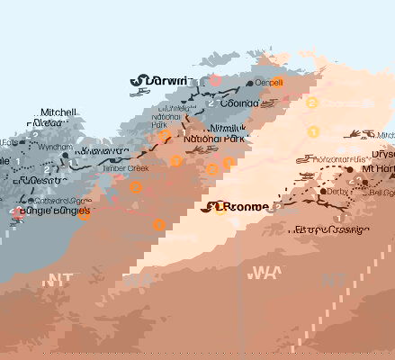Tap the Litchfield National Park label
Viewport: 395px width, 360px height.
(x=169, y=115)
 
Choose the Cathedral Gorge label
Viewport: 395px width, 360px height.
(x=60, y=201)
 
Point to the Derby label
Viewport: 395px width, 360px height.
(x=337, y=191)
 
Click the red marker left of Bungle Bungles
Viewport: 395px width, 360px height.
(x=17, y=213)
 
